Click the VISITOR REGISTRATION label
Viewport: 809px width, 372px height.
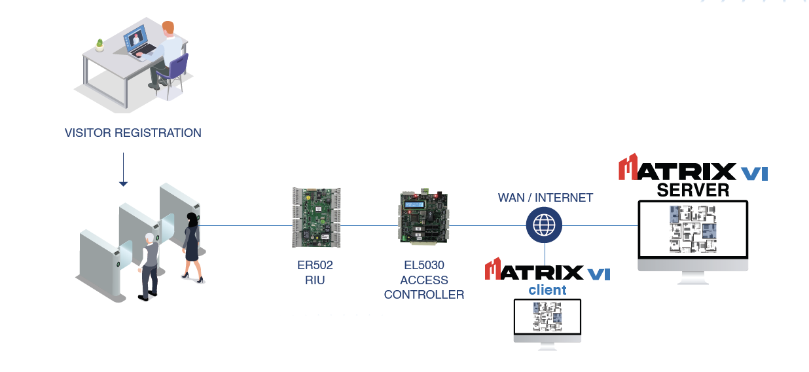(133, 133)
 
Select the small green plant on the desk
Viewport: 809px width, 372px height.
(99, 45)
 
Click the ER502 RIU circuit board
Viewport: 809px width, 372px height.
(316, 217)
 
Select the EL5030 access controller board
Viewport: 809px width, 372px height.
(423, 217)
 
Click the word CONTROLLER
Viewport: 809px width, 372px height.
(424, 295)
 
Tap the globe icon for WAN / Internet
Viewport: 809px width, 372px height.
(545, 225)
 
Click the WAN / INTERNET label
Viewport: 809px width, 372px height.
(545, 198)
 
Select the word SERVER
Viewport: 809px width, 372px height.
(693, 190)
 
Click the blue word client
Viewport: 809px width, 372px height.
(547, 289)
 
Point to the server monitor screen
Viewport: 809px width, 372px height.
(693, 229)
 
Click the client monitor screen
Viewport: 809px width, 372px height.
(547, 316)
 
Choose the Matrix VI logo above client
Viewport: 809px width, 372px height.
(547, 270)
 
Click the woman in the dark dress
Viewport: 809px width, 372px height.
(192, 246)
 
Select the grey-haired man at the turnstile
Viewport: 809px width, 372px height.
(150, 265)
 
